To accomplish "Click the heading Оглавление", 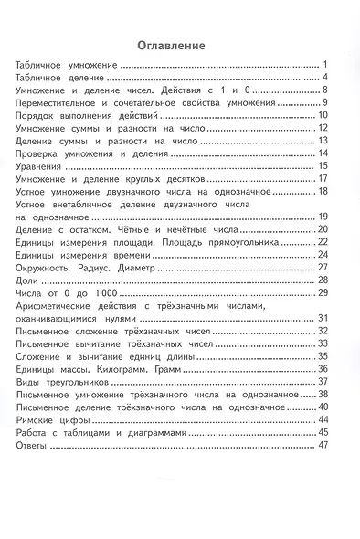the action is coord(170,45).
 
